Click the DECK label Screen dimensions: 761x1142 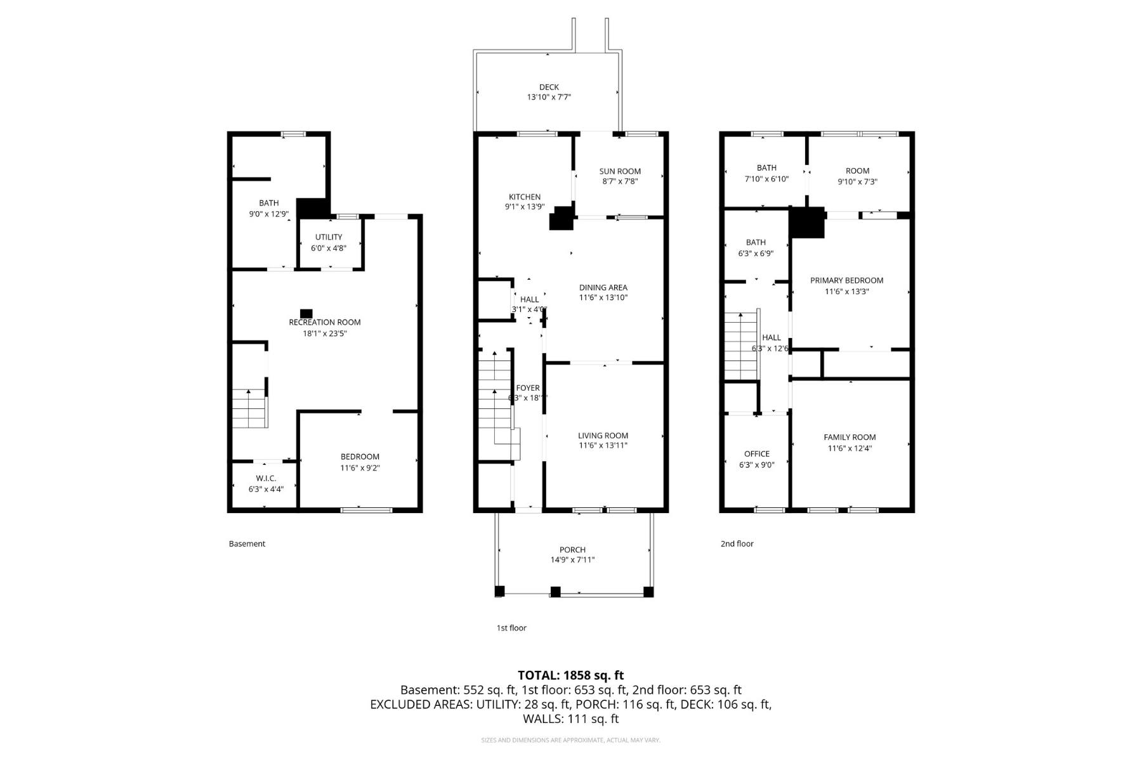point(549,88)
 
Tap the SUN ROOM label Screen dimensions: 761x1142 point(620,171)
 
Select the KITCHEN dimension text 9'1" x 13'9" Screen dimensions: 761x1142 point(524,207)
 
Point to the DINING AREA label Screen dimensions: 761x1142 point(603,287)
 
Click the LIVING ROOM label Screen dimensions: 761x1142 point(603,436)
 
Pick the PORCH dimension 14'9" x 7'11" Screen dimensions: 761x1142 point(572,560)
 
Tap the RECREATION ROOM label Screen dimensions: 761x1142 point(324,322)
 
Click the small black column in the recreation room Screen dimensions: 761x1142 point(306,313)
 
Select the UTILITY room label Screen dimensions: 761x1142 point(329,237)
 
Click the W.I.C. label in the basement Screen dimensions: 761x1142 point(266,478)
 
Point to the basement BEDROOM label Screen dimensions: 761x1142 point(360,457)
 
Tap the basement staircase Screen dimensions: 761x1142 point(249,408)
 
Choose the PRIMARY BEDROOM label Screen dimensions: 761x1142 point(846,280)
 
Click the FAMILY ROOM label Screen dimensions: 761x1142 point(850,437)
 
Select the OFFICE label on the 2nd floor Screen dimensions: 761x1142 point(756,454)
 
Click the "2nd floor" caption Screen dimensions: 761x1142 point(737,543)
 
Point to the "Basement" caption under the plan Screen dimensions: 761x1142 point(247,543)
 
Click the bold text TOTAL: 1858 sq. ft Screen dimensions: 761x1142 point(570,675)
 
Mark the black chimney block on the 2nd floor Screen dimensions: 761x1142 point(806,223)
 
